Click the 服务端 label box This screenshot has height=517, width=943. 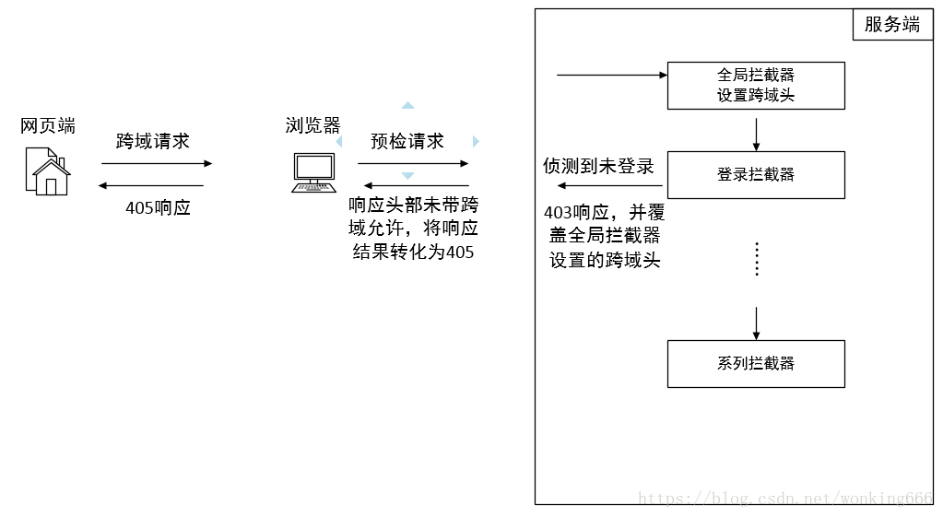pyautogui.click(x=891, y=25)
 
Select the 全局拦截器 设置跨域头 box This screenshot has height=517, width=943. pyautogui.click(x=756, y=86)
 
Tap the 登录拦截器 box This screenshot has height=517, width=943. pyautogui.click(x=756, y=175)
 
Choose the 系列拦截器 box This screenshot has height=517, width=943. pyautogui.click(x=756, y=364)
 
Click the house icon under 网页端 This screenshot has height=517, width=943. pyautogui.click(x=47, y=171)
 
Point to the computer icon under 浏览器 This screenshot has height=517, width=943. pyautogui.click(x=313, y=172)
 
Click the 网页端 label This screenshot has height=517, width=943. pyautogui.click(x=48, y=126)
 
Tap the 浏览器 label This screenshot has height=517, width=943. pyautogui.click(x=313, y=126)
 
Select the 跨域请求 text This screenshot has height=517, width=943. pyautogui.click(x=153, y=141)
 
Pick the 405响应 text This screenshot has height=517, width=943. pyautogui.click(x=158, y=207)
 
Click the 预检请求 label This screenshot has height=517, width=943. pyautogui.click(x=407, y=141)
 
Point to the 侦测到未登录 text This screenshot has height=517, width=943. pyautogui.click(x=598, y=166)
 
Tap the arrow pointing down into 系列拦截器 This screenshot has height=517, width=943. pyautogui.click(x=756, y=323)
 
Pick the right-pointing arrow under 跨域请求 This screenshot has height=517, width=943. pyautogui.click(x=156, y=164)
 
